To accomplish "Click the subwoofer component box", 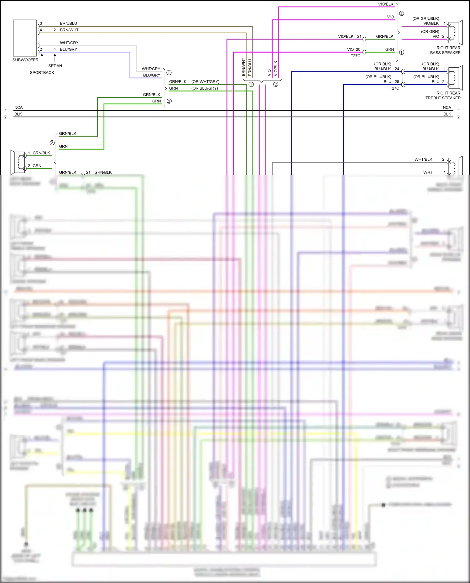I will click(25, 38).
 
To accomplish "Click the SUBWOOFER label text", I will click(25, 60).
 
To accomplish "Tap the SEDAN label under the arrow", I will click(55, 66).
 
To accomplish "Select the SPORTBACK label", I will click(42, 72).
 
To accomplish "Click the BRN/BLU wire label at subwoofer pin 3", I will click(68, 23).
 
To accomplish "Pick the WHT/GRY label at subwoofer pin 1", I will click(69, 43).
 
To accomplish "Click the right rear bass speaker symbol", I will click(455, 33).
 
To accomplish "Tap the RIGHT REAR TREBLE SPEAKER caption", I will click(443, 96).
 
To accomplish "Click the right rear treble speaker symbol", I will click(455, 78).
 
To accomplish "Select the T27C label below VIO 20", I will click(355, 56).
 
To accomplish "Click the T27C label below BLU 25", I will click(394, 88).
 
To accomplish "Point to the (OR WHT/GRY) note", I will click(205, 82).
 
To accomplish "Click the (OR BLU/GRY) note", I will click(205, 88).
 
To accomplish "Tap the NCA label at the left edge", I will click(18, 107).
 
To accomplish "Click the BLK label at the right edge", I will click(447, 114).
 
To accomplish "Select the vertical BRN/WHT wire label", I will click(243, 67).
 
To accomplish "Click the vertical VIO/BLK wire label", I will click(276, 68).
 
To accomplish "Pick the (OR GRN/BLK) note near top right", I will click(426, 18).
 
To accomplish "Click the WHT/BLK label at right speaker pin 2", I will click(423, 159).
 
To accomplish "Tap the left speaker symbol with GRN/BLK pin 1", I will click(18, 162).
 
